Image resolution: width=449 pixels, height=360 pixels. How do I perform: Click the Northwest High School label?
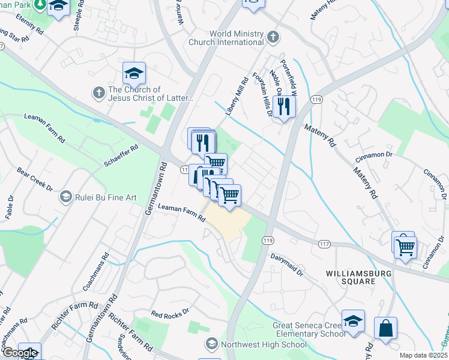[x=264, y=344]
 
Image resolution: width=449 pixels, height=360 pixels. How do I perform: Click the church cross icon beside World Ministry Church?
[x=273, y=37]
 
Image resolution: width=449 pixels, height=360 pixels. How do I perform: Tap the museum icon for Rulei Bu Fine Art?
[x=65, y=196]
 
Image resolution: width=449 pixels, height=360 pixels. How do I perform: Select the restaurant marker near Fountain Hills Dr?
[x=284, y=107]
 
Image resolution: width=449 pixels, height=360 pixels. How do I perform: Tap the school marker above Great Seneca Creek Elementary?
[x=353, y=322]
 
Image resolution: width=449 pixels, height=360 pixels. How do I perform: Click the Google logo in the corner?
[x=19, y=353]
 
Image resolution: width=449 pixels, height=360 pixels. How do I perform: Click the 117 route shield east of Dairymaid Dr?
[x=324, y=244]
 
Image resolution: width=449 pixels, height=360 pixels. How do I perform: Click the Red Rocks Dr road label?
[x=170, y=313]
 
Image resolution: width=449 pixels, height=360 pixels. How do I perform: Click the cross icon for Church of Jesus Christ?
[x=98, y=93]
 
